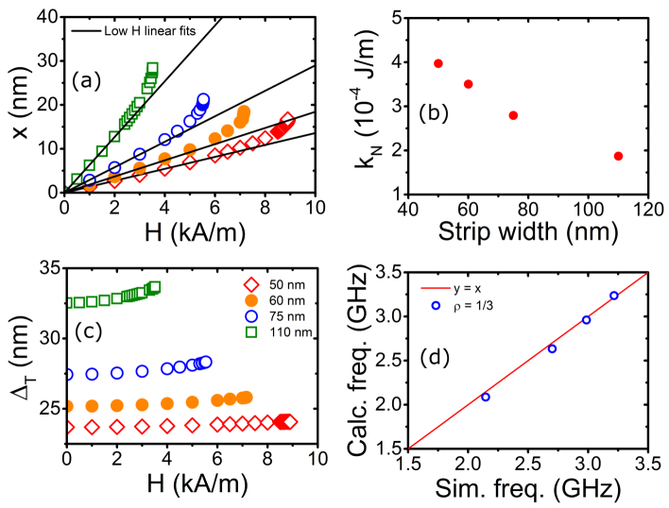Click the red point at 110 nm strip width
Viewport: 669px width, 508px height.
coord(618,156)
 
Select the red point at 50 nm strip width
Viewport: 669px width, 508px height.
coord(438,63)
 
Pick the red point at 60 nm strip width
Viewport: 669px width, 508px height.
coord(468,84)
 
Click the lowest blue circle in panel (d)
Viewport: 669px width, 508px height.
coord(486,397)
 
